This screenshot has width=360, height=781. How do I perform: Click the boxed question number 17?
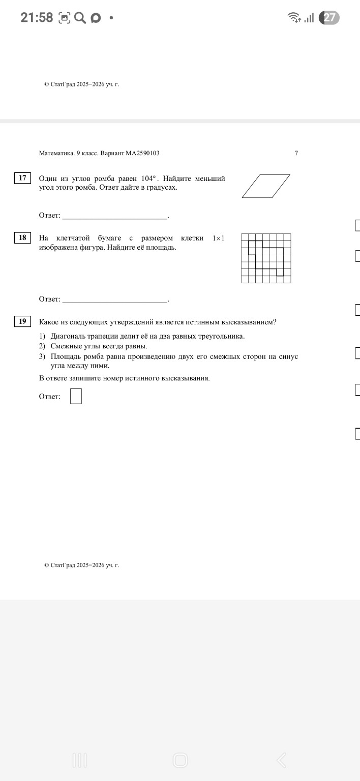22,178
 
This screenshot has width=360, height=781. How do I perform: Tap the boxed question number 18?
22,237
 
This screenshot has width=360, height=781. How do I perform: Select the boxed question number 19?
22,321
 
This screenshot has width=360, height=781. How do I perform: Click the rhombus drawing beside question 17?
266,186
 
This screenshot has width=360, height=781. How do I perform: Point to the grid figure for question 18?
266,258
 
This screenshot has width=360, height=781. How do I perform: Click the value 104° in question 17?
150,178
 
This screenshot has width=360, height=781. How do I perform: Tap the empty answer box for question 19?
76,396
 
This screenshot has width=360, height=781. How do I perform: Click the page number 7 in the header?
296,153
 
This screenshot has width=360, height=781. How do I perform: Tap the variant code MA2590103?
143,153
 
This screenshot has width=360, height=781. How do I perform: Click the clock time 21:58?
37,18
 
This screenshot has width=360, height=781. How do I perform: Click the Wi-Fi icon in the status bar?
294,18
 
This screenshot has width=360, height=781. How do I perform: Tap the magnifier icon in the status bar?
80,18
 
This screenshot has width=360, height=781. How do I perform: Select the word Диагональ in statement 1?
69,336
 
